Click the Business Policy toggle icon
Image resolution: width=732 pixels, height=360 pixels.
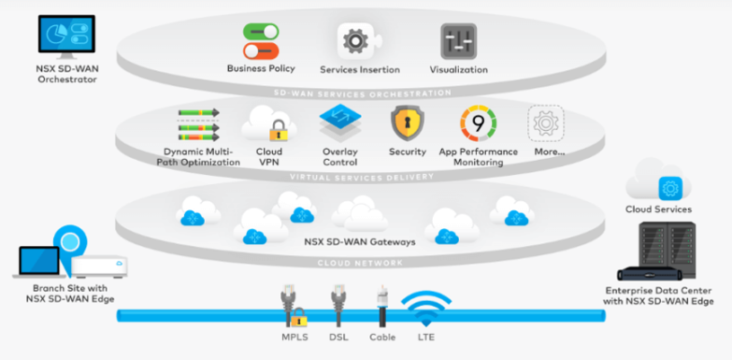(261, 41)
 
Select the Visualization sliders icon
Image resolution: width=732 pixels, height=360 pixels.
(458, 41)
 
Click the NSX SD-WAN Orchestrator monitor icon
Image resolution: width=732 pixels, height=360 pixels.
(65, 36)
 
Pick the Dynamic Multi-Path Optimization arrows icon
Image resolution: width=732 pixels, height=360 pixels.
(198, 125)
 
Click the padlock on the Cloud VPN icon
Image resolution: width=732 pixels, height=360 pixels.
(277, 131)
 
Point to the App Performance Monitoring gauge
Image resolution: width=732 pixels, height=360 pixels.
(478, 123)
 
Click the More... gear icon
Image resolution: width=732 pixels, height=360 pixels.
(546, 123)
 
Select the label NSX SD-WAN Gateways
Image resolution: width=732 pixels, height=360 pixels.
(360, 240)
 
